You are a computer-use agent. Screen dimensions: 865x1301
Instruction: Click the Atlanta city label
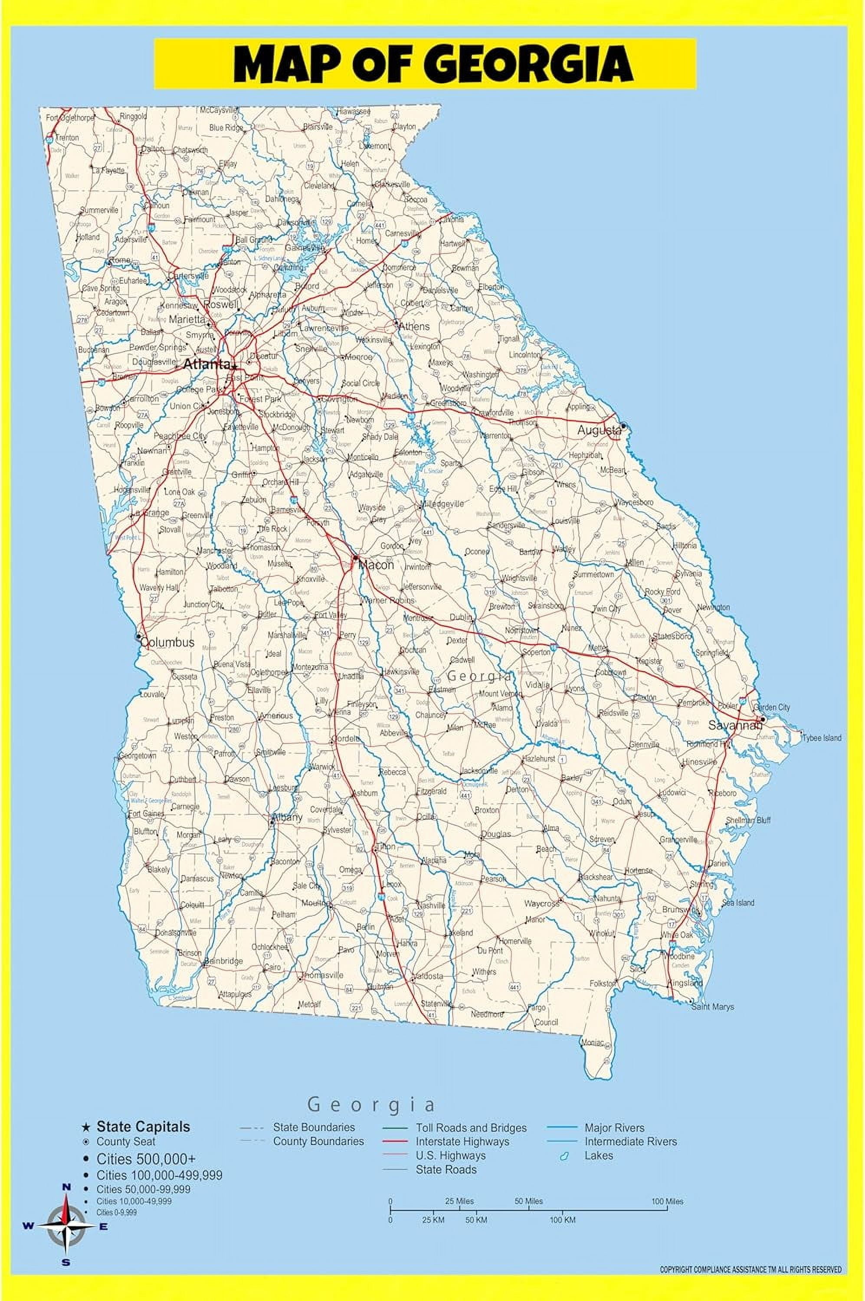point(206,364)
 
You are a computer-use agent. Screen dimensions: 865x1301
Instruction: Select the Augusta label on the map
point(599,430)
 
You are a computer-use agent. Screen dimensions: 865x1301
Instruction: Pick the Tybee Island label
point(822,738)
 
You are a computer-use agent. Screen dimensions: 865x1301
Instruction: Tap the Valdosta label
point(428,976)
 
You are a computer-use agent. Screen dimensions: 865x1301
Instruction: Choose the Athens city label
point(414,327)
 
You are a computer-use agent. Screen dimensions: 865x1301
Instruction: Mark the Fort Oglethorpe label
point(70,118)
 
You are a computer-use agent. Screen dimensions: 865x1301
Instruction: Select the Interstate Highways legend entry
point(462,1141)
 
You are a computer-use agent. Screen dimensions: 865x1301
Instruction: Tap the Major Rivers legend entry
point(614,1128)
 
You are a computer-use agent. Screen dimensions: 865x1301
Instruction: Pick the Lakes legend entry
point(599,1155)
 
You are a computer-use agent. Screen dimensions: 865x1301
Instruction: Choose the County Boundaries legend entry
point(318,1141)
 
